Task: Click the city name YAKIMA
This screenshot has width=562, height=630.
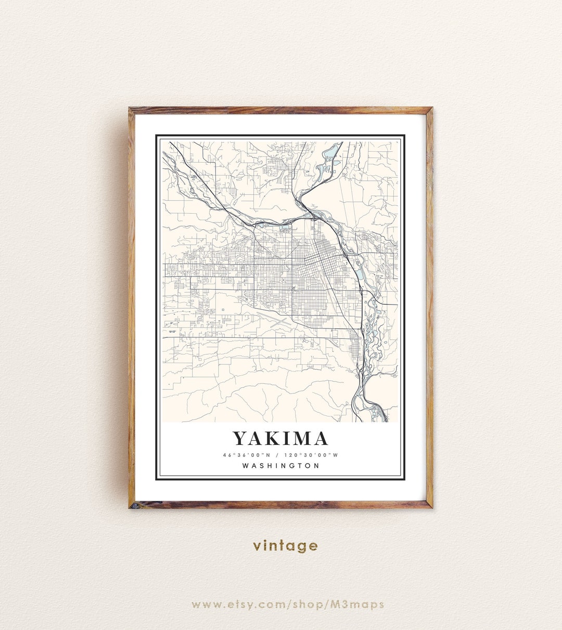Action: pyautogui.click(x=280, y=439)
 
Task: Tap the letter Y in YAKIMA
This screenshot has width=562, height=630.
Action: pyautogui.click(x=239, y=439)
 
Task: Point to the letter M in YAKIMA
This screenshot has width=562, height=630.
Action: pyautogui.click(x=299, y=439)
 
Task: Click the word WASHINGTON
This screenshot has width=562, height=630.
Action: pyautogui.click(x=280, y=466)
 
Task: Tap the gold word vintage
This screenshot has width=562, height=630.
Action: pyautogui.click(x=285, y=545)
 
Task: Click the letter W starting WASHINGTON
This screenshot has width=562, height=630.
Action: pyautogui.click(x=246, y=466)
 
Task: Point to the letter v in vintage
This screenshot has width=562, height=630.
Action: pyautogui.click(x=257, y=546)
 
